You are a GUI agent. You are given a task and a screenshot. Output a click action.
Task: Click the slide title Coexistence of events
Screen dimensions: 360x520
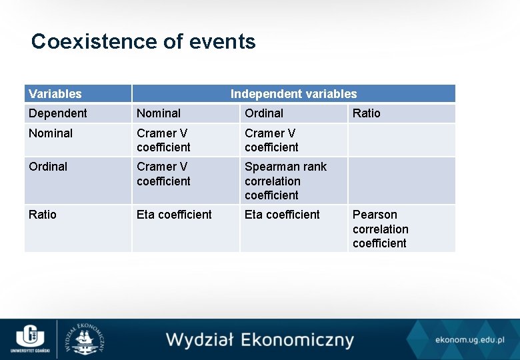[x=143, y=41]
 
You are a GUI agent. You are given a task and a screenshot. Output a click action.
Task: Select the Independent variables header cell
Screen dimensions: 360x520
[x=293, y=94]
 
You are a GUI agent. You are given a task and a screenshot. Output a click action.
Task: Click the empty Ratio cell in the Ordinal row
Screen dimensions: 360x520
[x=401, y=180]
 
